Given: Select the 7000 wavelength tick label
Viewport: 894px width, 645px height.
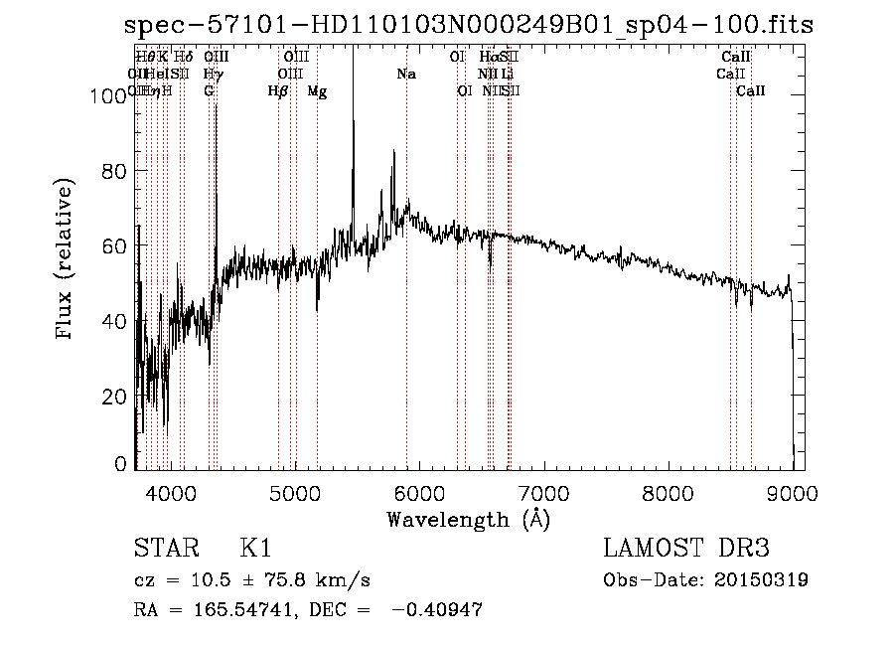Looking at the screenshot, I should pyautogui.click(x=543, y=492).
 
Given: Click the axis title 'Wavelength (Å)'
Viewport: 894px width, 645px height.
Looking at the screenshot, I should pyautogui.click(x=468, y=518).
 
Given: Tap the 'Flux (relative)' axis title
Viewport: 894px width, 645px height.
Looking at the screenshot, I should pyautogui.click(x=66, y=261).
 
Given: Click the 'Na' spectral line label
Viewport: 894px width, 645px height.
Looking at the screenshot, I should pyautogui.click(x=406, y=74).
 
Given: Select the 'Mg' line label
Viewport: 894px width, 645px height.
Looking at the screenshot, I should pyautogui.click(x=317, y=91).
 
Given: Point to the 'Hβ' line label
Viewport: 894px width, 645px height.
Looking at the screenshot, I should pyautogui.click(x=278, y=91).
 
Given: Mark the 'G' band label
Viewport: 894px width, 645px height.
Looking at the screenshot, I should pyautogui.click(x=209, y=91).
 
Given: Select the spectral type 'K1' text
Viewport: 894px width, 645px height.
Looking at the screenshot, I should pyautogui.click(x=256, y=549).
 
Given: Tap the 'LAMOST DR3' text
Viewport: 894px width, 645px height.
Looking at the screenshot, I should pyautogui.click(x=686, y=549).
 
